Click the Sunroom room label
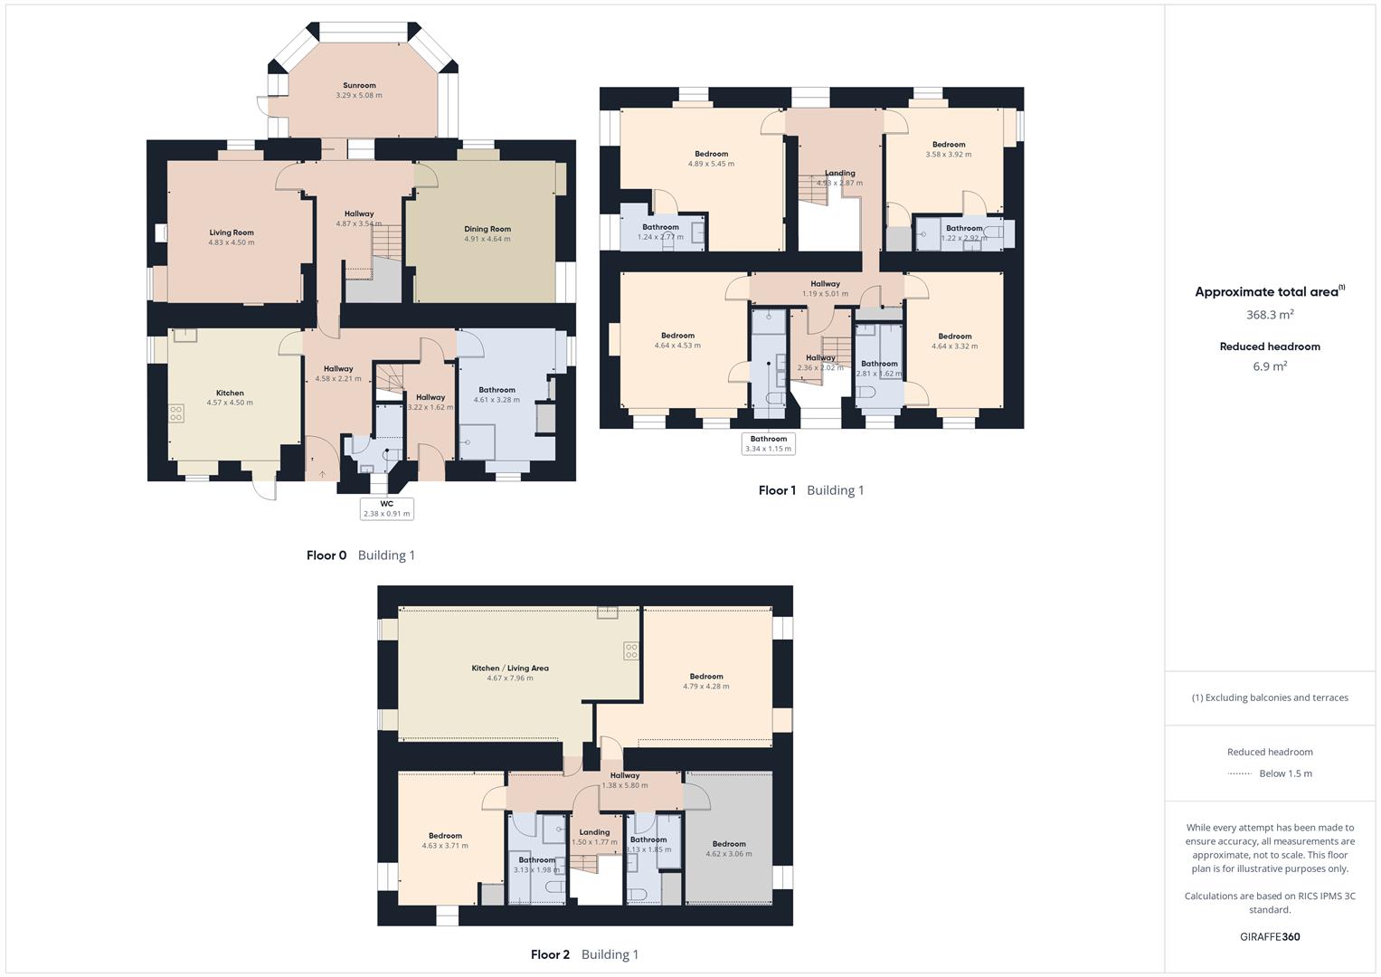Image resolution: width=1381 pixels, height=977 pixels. [359, 86]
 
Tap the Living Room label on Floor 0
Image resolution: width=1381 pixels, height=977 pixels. [232, 232]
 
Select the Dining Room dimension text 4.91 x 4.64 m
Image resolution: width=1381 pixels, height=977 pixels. [487, 239]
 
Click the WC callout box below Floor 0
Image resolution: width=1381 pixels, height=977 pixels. [386, 508]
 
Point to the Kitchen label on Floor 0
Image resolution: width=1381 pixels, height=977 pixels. [230, 394]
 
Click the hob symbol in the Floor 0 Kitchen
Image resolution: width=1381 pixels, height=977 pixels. [176, 413]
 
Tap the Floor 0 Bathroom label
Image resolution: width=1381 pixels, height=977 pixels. [497, 390]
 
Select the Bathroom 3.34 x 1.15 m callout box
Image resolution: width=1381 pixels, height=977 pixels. [768, 443]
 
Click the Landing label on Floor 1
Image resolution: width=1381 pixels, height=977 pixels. [839, 173]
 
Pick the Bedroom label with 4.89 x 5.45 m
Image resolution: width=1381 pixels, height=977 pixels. [711, 154]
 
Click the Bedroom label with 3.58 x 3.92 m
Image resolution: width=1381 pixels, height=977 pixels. [949, 145]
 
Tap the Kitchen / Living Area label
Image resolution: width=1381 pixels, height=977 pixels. [510, 669]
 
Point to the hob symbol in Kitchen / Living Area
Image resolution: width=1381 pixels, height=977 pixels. [630, 650]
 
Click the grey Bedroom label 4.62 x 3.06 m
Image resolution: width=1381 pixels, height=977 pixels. [728, 844]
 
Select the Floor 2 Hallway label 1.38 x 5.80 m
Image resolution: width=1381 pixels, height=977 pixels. [625, 775]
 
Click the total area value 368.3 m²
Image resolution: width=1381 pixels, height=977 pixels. [1270, 315]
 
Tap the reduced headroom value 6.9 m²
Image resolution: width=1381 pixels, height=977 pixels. [1270, 366]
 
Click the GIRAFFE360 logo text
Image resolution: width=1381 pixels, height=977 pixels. [1270, 936]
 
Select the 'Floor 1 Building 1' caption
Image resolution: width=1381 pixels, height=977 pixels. [811, 490]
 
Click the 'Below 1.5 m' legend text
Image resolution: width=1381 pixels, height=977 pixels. [1285, 773]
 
